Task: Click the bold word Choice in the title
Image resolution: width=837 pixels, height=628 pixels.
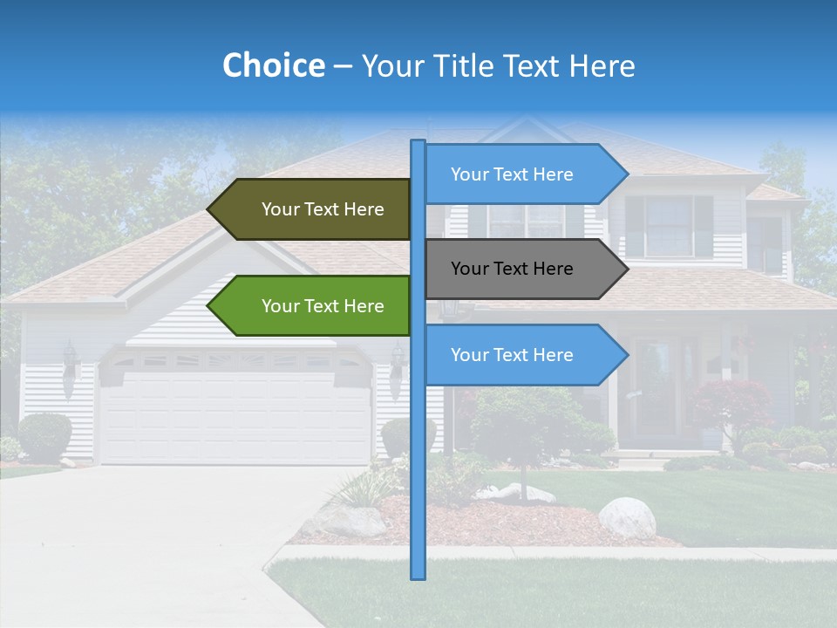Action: tap(273, 65)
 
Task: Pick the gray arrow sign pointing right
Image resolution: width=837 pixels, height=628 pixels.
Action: tap(523, 269)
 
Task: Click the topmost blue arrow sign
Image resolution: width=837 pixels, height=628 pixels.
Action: tap(523, 174)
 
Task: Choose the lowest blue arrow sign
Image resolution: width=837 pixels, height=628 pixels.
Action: tap(523, 355)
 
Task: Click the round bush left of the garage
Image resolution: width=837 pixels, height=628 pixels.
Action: tap(44, 435)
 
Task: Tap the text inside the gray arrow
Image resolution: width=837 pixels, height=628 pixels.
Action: tap(512, 269)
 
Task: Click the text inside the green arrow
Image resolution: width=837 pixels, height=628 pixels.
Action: tap(323, 306)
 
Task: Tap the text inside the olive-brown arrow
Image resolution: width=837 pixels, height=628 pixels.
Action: tap(323, 209)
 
